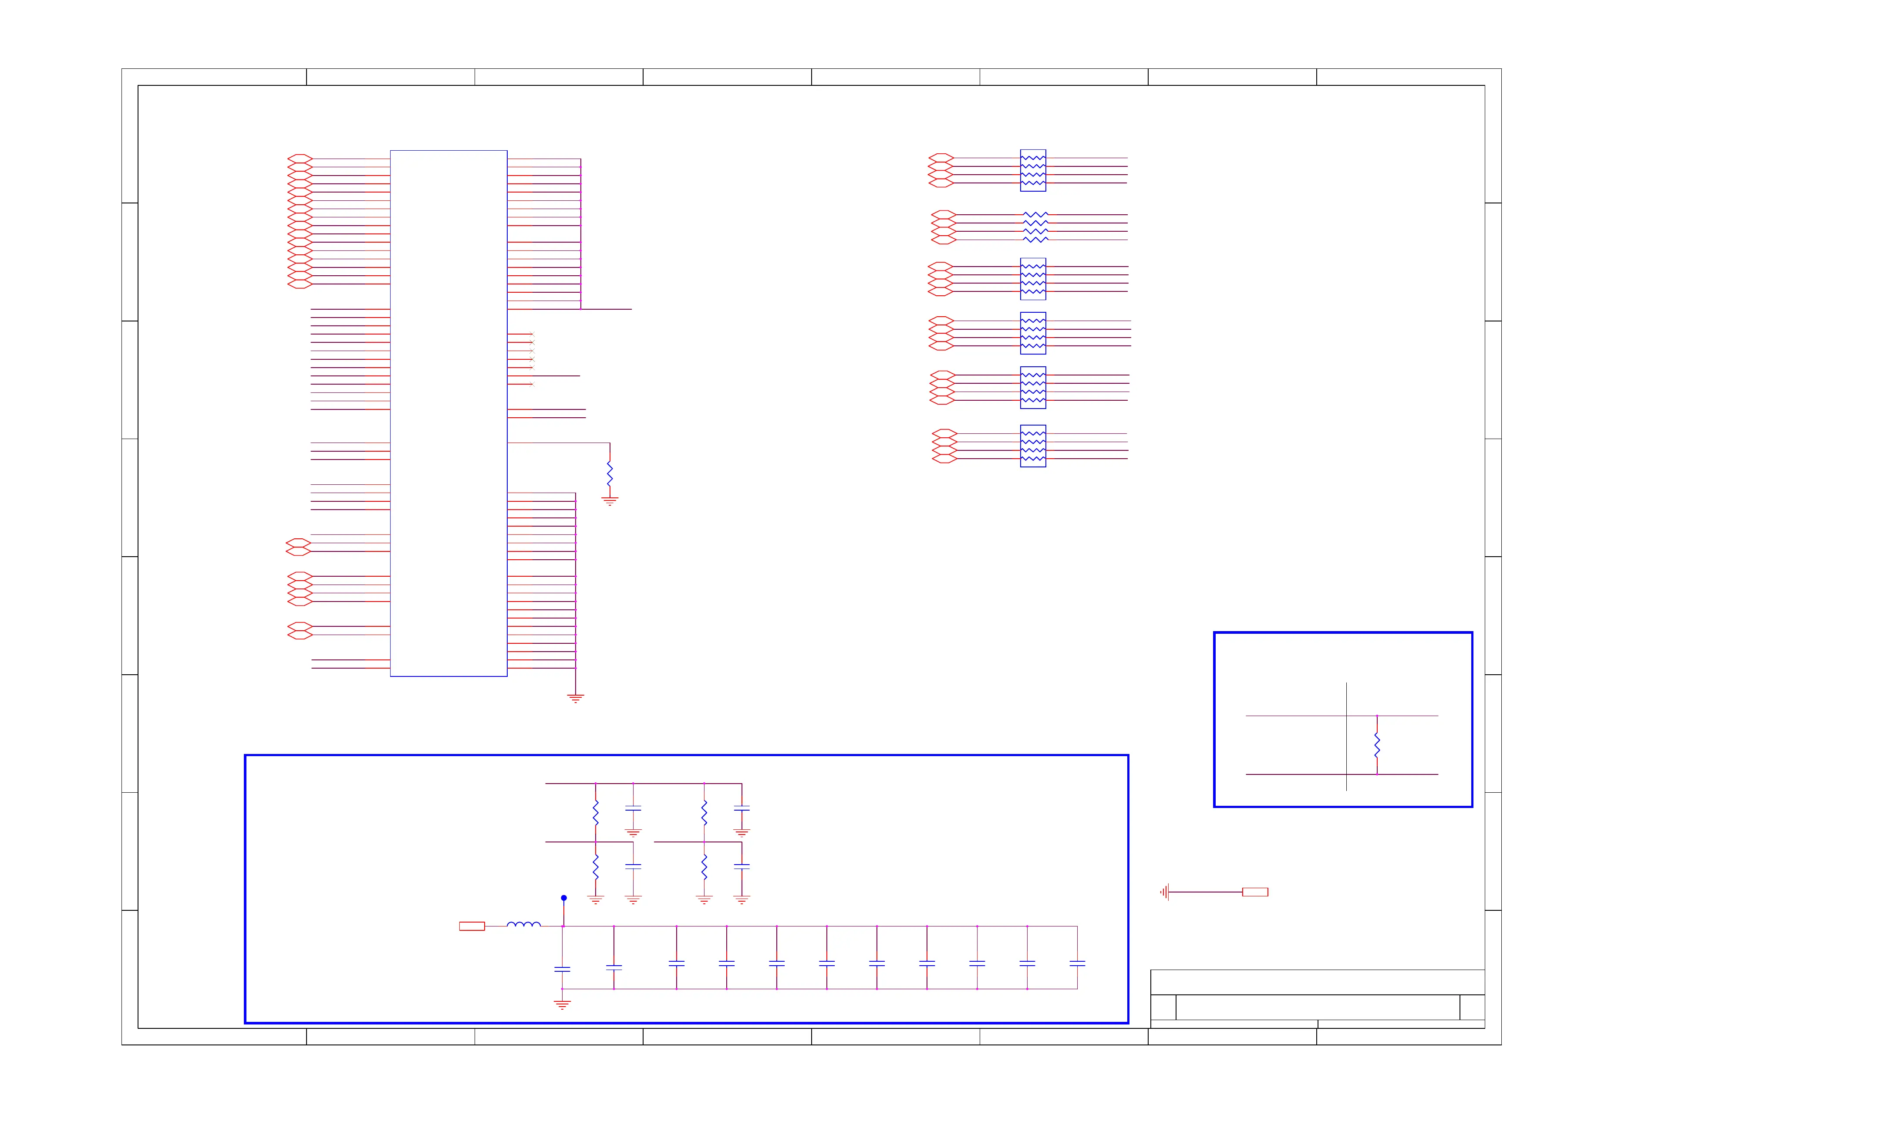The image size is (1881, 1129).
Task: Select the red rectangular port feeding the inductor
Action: (x=472, y=926)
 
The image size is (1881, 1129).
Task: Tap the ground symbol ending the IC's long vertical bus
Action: (x=576, y=698)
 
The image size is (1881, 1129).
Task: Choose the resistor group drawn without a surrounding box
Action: (x=1035, y=226)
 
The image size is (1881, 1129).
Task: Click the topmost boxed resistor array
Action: (x=1032, y=170)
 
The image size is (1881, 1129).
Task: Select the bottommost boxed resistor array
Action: (x=1032, y=446)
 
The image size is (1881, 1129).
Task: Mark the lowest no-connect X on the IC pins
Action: (x=532, y=384)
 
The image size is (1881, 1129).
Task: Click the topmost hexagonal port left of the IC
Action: (x=300, y=158)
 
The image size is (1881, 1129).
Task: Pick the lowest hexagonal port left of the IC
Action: (x=300, y=635)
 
